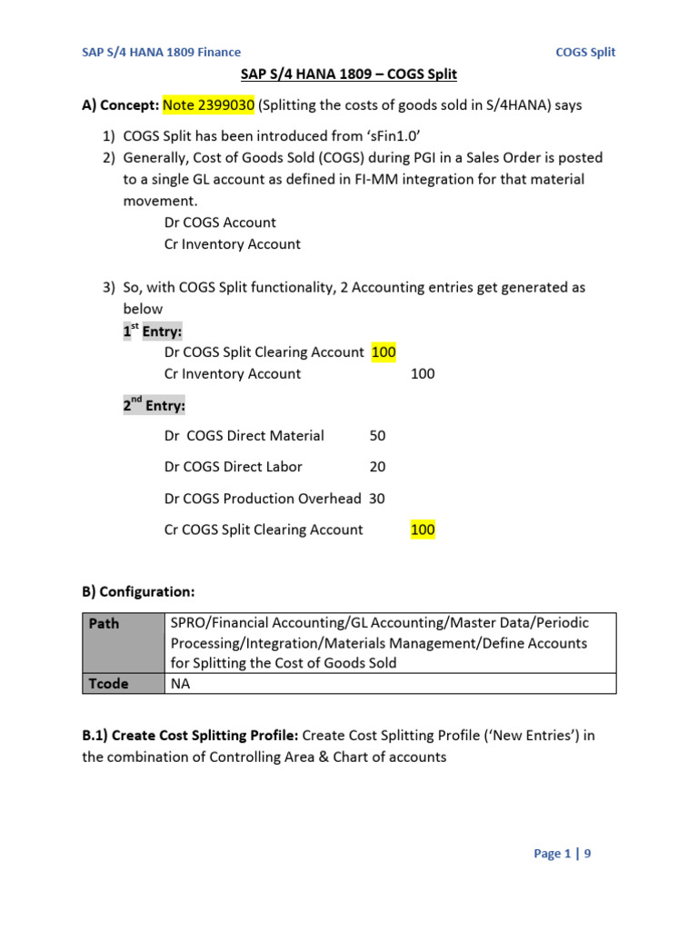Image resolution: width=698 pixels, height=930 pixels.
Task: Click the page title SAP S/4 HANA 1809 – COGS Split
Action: tap(348, 74)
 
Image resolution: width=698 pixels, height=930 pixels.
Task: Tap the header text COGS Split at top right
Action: tap(585, 52)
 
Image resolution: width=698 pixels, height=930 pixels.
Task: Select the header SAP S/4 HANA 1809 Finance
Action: tap(161, 52)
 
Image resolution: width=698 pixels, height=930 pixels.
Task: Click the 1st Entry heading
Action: tap(152, 331)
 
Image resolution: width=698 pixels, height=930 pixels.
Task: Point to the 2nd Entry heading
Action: tap(154, 405)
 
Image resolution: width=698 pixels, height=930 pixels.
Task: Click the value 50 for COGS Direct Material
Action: tap(377, 436)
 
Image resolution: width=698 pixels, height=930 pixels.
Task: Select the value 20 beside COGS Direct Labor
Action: tap(377, 467)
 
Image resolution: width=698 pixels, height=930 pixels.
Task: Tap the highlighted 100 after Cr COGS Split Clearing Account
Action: tap(423, 529)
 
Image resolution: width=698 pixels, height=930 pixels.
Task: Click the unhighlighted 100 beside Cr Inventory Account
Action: tap(423, 373)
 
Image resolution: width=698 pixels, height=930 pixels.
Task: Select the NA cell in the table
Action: tap(180, 683)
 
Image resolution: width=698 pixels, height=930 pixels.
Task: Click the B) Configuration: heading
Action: tap(138, 591)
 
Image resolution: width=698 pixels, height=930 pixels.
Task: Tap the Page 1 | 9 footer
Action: tap(562, 853)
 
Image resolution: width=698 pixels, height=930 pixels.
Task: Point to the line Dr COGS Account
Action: tap(220, 223)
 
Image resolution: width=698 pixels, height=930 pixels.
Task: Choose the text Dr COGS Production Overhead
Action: tap(263, 499)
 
